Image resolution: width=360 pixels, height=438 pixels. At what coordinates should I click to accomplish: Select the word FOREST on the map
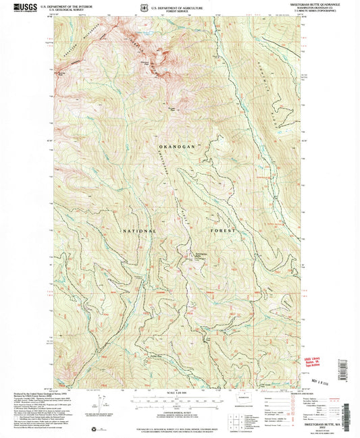point(222,231)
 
